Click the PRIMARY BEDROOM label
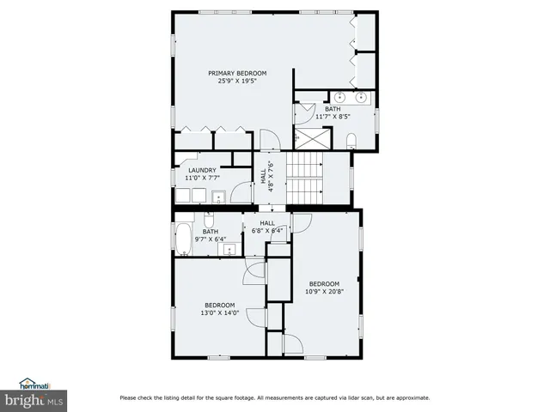pyautogui.click(x=237, y=73)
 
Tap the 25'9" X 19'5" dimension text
pyautogui.click(x=237, y=81)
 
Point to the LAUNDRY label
pyautogui.click(x=202, y=170)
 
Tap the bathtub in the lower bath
pyautogui.click(x=184, y=238)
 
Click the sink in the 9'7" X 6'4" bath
pyautogui.click(x=229, y=249)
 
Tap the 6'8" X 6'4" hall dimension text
pyautogui.click(x=267, y=230)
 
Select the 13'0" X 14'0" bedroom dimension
pyautogui.click(x=219, y=313)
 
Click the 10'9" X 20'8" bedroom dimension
pyautogui.click(x=324, y=292)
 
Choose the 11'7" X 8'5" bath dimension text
pyautogui.click(x=333, y=116)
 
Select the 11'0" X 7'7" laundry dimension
pyautogui.click(x=202, y=178)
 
